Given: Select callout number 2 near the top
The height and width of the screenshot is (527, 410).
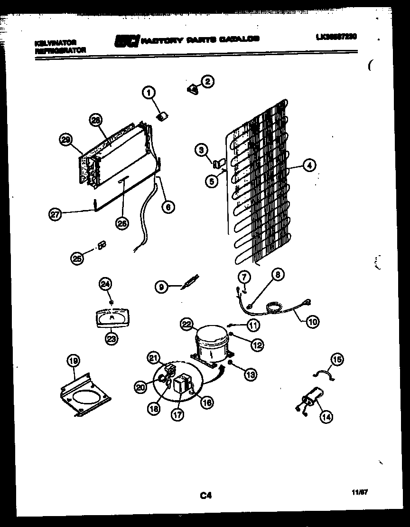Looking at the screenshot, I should (207, 81).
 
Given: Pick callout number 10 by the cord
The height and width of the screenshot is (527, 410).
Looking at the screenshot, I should (312, 322).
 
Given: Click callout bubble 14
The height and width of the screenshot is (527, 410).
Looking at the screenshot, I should (326, 417).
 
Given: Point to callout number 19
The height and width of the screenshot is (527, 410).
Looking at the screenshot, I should (73, 361).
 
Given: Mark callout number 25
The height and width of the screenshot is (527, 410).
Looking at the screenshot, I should (76, 258).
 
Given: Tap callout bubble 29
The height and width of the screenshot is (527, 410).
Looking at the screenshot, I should (66, 139).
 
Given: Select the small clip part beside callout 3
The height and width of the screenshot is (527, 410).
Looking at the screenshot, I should (218, 164).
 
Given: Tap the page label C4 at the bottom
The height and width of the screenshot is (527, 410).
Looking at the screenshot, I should (205, 496).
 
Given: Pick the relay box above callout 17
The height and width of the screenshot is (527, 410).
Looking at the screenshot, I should (183, 384).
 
